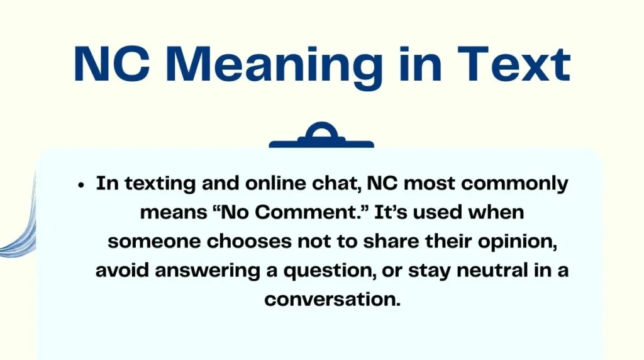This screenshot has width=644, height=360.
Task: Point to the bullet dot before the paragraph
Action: [81, 186]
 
